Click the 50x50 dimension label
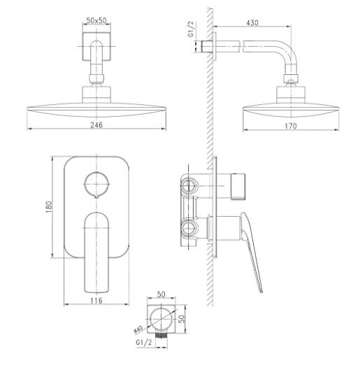[96, 20]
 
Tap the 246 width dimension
[96, 124]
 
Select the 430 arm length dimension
[252, 23]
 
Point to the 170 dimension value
[291, 126]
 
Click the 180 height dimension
[49, 207]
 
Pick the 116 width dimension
[96, 301]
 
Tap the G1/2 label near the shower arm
[191, 29]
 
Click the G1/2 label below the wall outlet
[144, 343]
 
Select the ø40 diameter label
[138, 330]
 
